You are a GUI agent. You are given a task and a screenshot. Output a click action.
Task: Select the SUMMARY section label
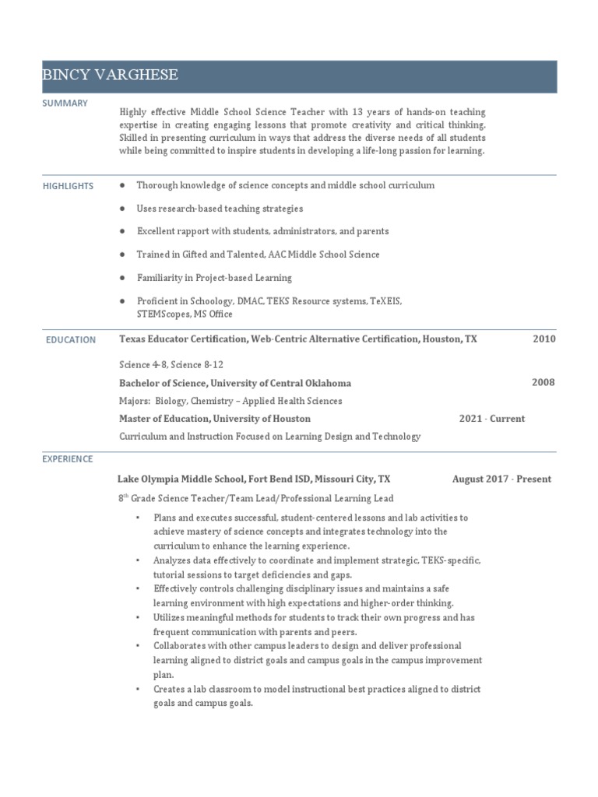tap(65, 104)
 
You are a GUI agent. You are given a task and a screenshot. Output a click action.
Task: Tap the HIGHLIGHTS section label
tap(68, 186)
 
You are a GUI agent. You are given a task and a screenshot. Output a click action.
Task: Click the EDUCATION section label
tap(71, 339)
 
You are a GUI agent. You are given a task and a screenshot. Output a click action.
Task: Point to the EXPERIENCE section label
tap(68, 459)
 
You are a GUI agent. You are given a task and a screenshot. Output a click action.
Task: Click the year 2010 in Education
tap(543, 339)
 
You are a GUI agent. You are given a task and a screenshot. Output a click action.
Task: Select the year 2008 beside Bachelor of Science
tap(543, 382)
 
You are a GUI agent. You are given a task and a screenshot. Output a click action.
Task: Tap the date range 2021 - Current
tap(491, 419)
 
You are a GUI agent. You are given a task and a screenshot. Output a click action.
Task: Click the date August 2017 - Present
tap(501, 479)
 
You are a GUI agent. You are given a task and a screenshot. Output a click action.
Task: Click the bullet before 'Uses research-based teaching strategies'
tap(122, 209)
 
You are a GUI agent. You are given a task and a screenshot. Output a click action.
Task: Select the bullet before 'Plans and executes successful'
tap(138, 518)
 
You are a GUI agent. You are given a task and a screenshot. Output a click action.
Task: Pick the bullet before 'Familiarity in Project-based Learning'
tap(122, 277)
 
